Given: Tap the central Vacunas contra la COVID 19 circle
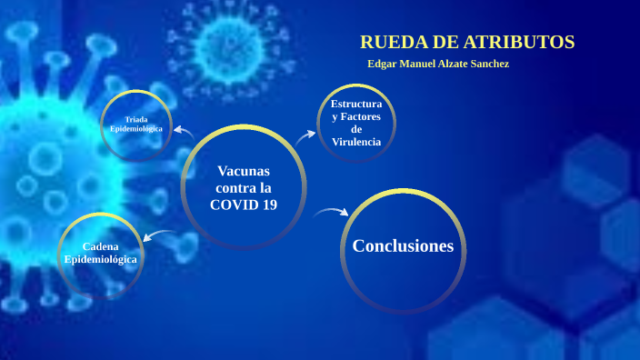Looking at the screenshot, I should pyautogui.click(x=244, y=186).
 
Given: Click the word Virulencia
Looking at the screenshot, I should pyautogui.click(x=356, y=142).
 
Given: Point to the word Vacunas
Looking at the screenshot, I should pyautogui.click(x=244, y=171).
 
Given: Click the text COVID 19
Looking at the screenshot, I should pyautogui.click(x=244, y=205).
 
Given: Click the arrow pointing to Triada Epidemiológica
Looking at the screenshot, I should pyautogui.click(x=184, y=134).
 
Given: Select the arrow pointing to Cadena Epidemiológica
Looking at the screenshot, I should pyautogui.click(x=161, y=237).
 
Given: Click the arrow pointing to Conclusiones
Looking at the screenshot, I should pyautogui.click(x=331, y=213).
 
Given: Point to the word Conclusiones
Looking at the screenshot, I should pyautogui.click(x=403, y=245).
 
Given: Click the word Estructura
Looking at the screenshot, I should pyautogui.click(x=356, y=105).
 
